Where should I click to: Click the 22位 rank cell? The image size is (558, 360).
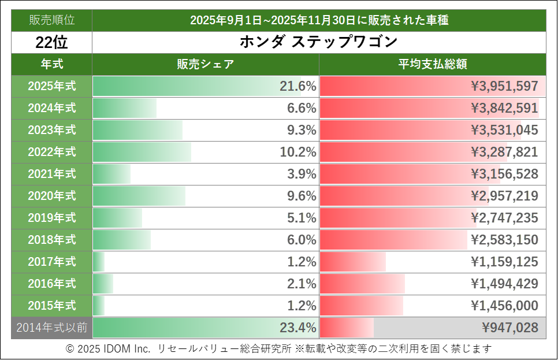pyautogui.click(x=51, y=42)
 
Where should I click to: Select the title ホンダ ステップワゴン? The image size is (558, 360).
pyautogui.click(x=318, y=42)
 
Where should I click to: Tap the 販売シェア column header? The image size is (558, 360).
pyautogui.click(x=205, y=64)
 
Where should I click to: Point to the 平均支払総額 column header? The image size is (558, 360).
pyautogui.click(x=432, y=64)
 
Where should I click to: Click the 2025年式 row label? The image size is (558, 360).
pyautogui.click(x=51, y=87)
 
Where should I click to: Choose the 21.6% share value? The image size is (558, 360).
pyautogui.click(x=298, y=87)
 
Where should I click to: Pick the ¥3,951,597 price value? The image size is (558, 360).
pyautogui.click(x=504, y=87)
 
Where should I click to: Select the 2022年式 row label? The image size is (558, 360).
pyautogui.click(x=51, y=152)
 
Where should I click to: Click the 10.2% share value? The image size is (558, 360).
pyautogui.click(x=298, y=152)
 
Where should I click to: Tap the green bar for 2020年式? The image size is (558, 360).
pyautogui.click(x=139, y=196)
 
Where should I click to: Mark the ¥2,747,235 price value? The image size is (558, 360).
pyautogui.click(x=504, y=218)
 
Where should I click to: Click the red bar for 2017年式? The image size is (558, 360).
pyautogui.click(x=352, y=262)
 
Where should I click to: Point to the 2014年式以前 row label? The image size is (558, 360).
pyautogui.click(x=51, y=328)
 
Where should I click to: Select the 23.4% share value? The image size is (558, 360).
pyautogui.click(x=298, y=328)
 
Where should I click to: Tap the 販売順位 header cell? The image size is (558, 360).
pyautogui.click(x=51, y=20)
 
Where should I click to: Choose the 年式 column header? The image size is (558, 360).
pyautogui.click(x=51, y=64)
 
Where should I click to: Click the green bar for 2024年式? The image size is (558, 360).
pyautogui.click(x=125, y=108)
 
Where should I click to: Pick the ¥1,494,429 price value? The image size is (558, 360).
pyautogui.click(x=504, y=284)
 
